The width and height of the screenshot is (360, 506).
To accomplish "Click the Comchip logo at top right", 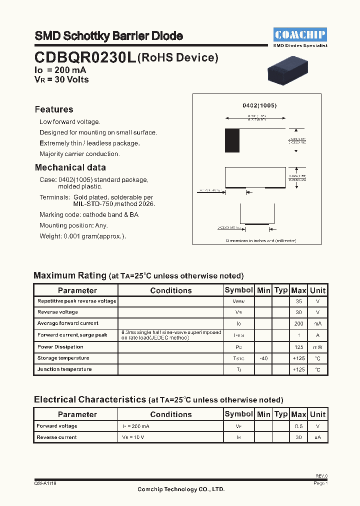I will click(x=300, y=34).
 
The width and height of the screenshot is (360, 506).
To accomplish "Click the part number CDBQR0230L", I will click(x=84, y=58).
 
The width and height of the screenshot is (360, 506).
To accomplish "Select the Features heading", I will click(x=54, y=109).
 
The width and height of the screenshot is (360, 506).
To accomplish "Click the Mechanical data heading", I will click(x=70, y=167).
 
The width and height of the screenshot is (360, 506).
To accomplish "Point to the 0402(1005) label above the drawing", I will click(x=259, y=106).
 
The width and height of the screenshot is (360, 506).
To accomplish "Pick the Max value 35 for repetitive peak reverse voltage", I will click(x=298, y=301).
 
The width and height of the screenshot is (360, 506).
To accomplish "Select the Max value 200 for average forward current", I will click(x=298, y=324).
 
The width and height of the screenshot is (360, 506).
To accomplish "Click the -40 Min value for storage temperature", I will click(x=263, y=358).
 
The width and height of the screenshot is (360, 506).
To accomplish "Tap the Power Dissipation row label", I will click(x=60, y=347).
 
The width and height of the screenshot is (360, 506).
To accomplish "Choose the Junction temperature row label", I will click(x=64, y=369).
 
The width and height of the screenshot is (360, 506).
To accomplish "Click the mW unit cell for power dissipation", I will click(x=317, y=347).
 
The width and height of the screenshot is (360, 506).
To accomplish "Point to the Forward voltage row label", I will click(x=57, y=426).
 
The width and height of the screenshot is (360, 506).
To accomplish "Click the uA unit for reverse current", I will click(x=317, y=437).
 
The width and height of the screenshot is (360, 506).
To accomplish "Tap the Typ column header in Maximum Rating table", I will click(x=281, y=290).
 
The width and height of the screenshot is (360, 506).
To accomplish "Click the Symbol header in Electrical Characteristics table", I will click(x=238, y=414).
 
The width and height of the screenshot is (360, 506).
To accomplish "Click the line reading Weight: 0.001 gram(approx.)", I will click(x=83, y=236).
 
